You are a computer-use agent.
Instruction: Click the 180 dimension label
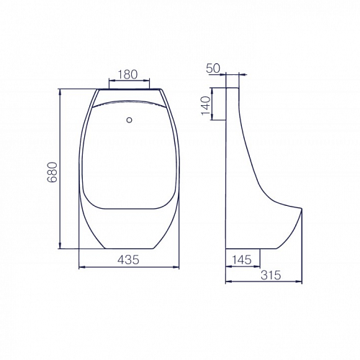(127, 74)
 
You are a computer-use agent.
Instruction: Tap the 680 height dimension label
(53, 172)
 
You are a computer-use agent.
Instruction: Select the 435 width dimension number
(128, 260)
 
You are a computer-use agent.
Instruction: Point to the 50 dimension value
(213, 68)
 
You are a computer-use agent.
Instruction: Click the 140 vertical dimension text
(206, 106)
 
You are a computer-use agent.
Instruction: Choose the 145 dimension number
(242, 260)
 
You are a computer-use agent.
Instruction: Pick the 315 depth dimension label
(271, 275)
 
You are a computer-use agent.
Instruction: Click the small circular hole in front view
(130, 120)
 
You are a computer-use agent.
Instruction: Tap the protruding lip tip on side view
(301, 208)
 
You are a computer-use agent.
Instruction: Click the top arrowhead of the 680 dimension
(60, 91)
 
